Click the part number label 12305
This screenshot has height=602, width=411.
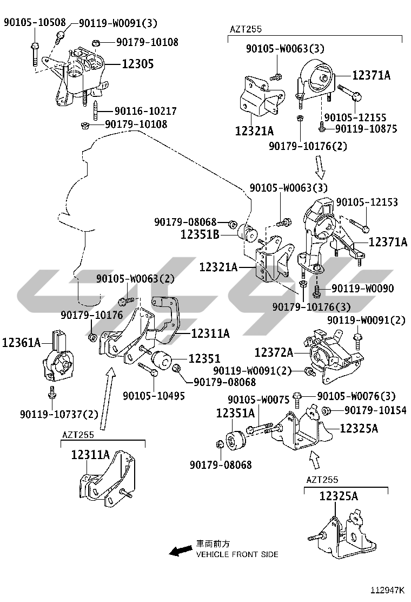[138, 64]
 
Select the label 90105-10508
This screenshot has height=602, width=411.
[35, 22]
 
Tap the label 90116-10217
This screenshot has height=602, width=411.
[145, 111]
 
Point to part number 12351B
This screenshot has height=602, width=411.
[200, 234]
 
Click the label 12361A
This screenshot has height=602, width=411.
[22, 342]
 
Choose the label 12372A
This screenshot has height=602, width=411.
[274, 352]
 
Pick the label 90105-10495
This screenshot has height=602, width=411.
[154, 395]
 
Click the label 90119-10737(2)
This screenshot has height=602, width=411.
[59, 414]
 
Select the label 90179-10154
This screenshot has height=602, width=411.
[375, 410]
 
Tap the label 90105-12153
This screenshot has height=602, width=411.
[367, 202]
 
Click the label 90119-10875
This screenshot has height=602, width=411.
[366, 129]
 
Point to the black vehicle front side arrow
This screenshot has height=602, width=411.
[181, 551]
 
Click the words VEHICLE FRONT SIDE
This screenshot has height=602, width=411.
[237, 554]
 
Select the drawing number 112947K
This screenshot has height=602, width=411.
[387, 590]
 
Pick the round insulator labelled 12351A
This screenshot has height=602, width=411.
[236, 440]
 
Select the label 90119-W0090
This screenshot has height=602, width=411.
[362, 289]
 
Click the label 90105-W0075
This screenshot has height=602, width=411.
[259, 400]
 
